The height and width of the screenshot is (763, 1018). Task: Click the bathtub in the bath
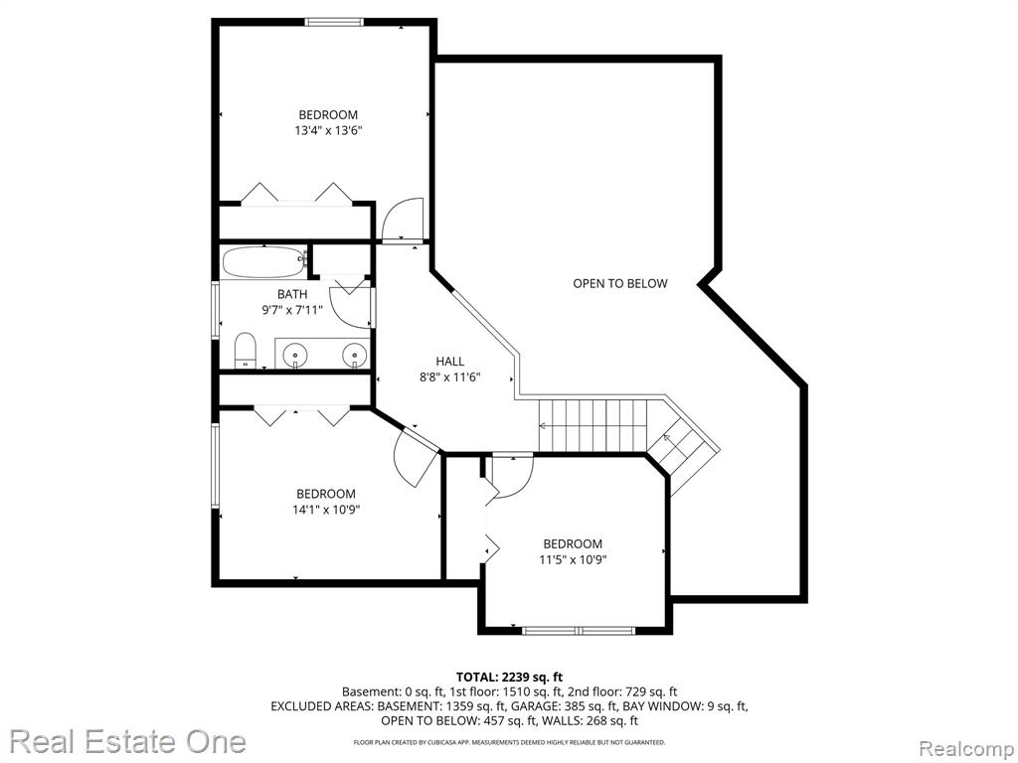pyautogui.click(x=264, y=263)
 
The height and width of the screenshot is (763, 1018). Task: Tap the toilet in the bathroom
pyautogui.click(x=246, y=351)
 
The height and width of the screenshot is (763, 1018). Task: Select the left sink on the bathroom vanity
pyautogui.click(x=296, y=355)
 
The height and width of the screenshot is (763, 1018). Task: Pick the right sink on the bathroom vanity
pyautogui.click(x=355, y=355)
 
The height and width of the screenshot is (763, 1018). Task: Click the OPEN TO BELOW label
pyautogui.click(x=620, y=283)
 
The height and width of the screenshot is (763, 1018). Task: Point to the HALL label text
pyautogui.click(x=450, y=362)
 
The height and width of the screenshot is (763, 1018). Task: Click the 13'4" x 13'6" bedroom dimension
pyautogui.click(x=328, y=130)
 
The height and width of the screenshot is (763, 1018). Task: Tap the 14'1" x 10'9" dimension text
pyautogui.click(x=326, y=510)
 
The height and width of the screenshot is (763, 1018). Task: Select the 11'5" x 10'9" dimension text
pyautogui.click(x=574, y=559)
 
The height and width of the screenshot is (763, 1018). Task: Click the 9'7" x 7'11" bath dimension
pyautogui.click(x=292, y=310)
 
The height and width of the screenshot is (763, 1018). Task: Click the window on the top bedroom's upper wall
pyautogui.click(x=334, y=22)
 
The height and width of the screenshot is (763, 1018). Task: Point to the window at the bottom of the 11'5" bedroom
pyautogui.click(x=578, y=630)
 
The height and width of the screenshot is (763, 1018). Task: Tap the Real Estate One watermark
pyautogui.click(x=128, y=741)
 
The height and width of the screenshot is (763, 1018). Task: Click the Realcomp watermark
pyautogui.click(x=966, y=748)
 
